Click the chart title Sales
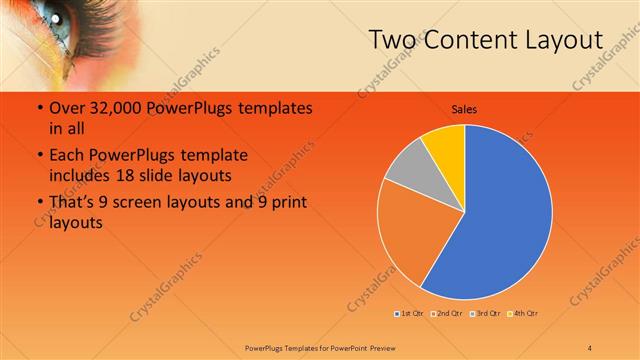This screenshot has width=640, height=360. coord(464,108)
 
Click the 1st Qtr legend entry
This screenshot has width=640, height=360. coord(410,314)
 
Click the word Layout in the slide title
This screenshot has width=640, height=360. coord(565,40)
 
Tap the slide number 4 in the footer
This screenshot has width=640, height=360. coord(590,347)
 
